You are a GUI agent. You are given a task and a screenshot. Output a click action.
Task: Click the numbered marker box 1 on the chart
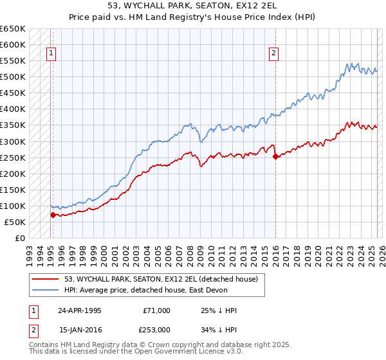click(51, 54)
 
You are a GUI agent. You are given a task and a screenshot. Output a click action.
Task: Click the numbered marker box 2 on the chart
click(274, 54)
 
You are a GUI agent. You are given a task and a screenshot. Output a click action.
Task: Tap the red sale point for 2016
click(275, 156)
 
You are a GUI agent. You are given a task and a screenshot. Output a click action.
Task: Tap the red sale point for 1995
click(53, 215)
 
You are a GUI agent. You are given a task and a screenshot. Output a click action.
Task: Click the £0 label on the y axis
click(21, 238)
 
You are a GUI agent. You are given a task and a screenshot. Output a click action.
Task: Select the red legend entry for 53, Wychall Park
click(161, 279)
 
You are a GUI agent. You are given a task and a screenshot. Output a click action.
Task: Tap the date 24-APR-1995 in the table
click(80, 310)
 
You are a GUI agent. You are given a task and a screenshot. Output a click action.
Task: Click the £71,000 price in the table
click(157, 310)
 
